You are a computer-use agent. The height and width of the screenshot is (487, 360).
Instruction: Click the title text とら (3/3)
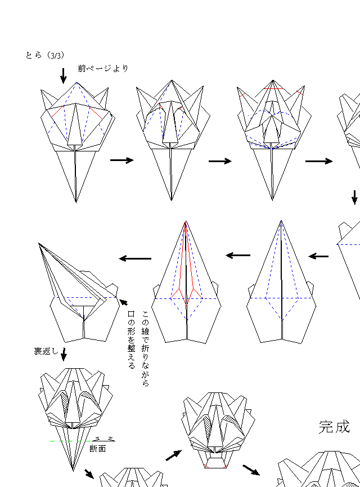pyautogui.click(x=45, y=55)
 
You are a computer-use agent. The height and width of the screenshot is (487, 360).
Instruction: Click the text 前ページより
pyautogui.click(x=103, y=68)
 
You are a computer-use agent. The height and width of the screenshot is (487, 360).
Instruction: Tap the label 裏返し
pyautogui.click(x=46, y=351)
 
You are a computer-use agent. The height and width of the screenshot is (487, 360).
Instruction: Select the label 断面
pyautogui.click(x=98, y=449)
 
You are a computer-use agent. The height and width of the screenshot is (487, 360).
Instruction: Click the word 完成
pyautogui.click(x=334, y=427)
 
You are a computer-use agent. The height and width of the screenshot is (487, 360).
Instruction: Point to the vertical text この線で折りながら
pyautogui.click(x=145, y=348)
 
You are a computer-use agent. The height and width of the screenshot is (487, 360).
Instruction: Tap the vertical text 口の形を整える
pyautogui.click(x=131, y=339)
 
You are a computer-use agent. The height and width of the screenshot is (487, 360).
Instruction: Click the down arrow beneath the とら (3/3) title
pyautogui.click(x=64, y=76)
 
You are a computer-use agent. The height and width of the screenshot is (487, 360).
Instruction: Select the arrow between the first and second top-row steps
pyautogui.click(x=122, y=160)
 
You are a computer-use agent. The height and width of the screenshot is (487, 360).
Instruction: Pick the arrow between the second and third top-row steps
pyautogui.click(x=220, y=161)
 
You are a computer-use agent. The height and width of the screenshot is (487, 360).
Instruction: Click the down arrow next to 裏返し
pyautogui.click(x=64, y=354)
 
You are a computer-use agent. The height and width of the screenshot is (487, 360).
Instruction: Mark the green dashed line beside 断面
pyautogui.click(x=71, y=441)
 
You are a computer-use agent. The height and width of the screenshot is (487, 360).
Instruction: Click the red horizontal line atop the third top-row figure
pyautogui.click(x=273, y=89)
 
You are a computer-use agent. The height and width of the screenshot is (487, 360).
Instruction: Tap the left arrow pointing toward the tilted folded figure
pyautogui.click(x=136, y=258)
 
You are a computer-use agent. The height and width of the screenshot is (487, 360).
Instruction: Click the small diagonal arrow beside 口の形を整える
pyautogui.click(x=123, y=302)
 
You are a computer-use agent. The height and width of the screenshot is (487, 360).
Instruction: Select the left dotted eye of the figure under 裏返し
pyautogui.click(x=65, y=402)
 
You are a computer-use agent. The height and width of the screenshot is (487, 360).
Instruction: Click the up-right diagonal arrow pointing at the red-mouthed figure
pyautogui.click(x=173, y=455)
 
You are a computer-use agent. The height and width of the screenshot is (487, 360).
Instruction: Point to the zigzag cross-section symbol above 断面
pyautogui.click(x=103, y=439)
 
